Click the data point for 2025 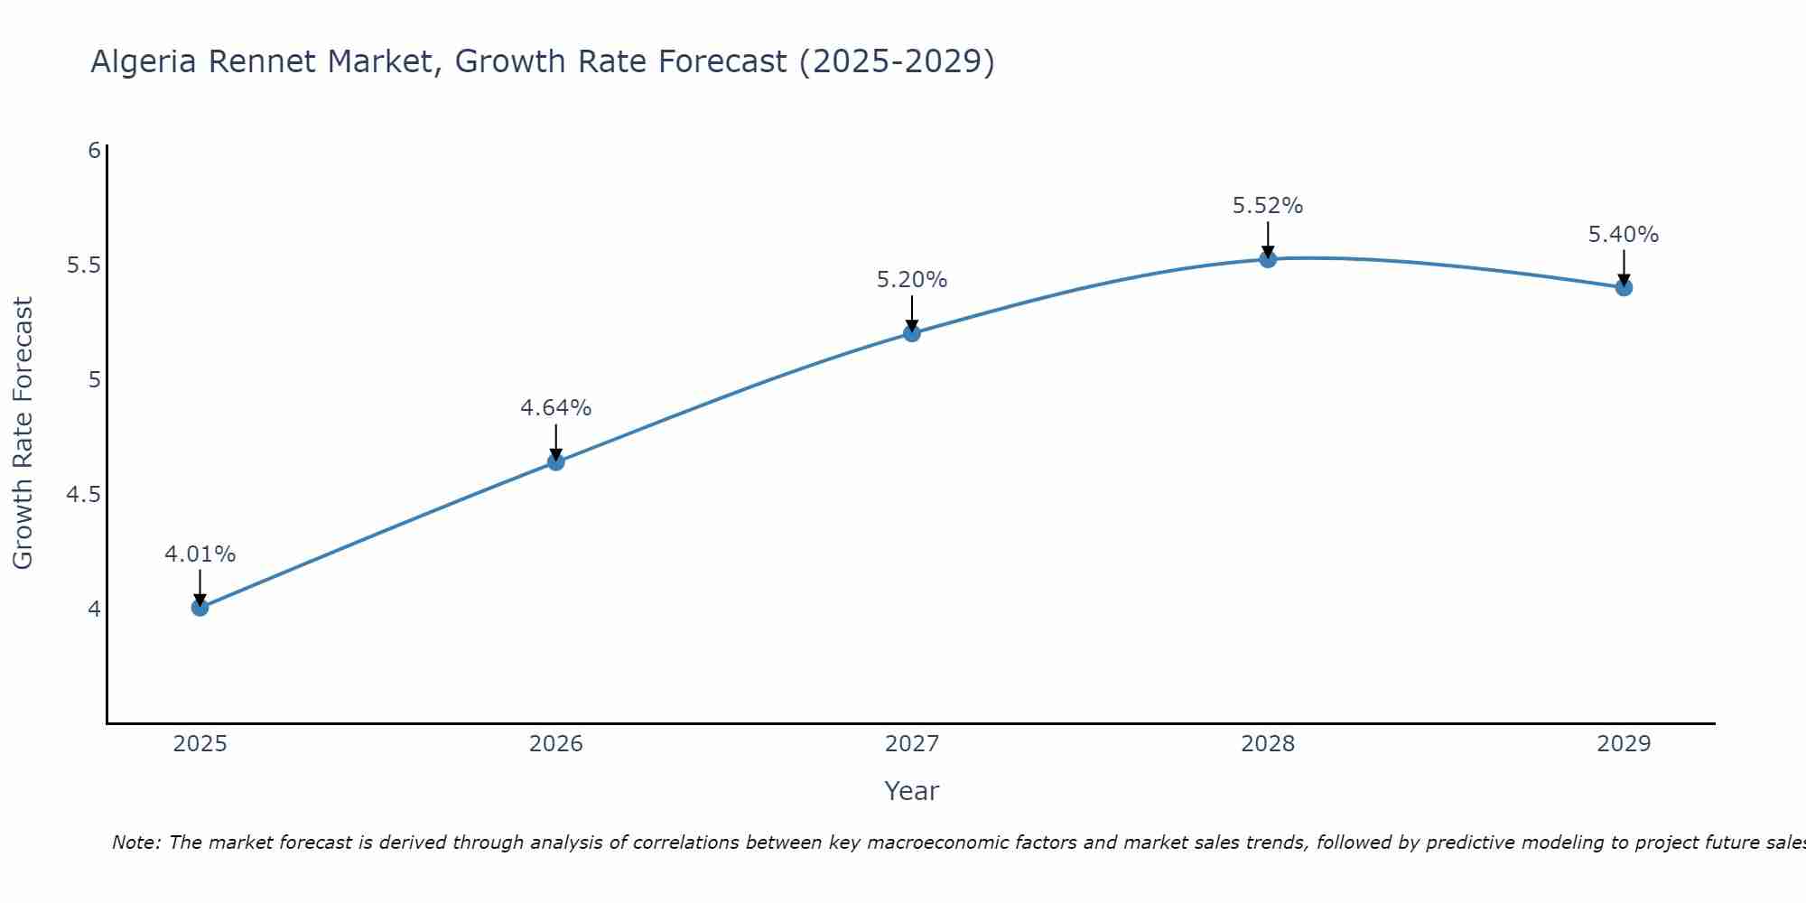[x=200, y=608]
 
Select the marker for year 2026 [x=555, y=462]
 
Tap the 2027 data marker [x=911, y=333]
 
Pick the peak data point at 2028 [x=1268, y=259]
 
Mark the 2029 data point [x=1624, y=288]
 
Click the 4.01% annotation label [x=200, y=554]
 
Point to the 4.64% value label [x=555, y=408]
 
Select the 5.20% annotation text [x=911, y=280]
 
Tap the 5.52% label [x=1268, y=206]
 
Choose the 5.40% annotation [x=1623, y=235]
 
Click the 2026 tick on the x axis [x=555, y=744]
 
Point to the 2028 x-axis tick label [x=1268, y=744]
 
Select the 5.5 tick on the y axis [x=83, y=265]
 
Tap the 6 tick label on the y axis [x=94, y=151]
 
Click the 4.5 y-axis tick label [x=83, y=495]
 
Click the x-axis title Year [x=911, y=791]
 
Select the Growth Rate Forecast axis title [x=23, y=433]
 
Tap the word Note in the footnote [x=135, y=842]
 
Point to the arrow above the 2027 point [x=911, y=312]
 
